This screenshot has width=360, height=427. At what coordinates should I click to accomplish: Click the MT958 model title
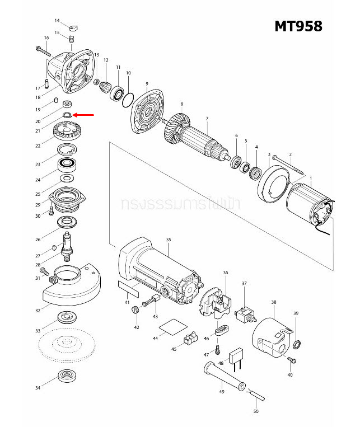tap(298, 26)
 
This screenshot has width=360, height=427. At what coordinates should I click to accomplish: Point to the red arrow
tap(85, 115)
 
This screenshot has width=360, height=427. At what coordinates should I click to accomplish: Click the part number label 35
tap(168, 239)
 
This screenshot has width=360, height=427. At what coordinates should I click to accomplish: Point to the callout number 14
tap(57, 20)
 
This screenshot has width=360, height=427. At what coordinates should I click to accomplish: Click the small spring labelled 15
tap(72, 39)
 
